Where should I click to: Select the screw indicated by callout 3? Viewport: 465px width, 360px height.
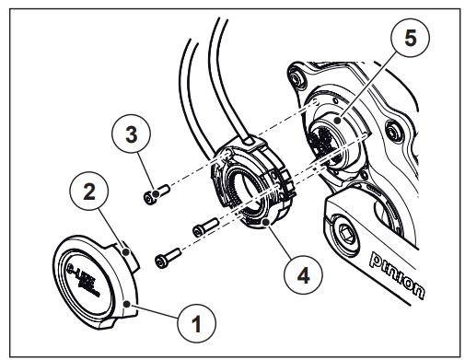point(156,193)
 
